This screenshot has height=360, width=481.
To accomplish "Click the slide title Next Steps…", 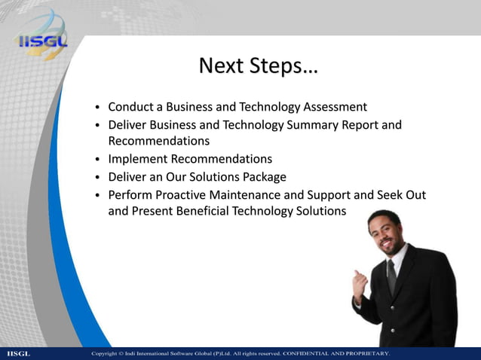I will (258, 66).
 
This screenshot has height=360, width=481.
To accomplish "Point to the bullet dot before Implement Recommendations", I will (98, 160).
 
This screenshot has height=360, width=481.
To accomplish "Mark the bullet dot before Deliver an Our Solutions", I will (98, 178).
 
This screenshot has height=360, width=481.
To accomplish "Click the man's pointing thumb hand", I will (360, 283).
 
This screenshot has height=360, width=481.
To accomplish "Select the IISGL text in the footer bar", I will (18, 353).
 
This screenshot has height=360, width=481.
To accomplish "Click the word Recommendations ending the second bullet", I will (158, 141).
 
